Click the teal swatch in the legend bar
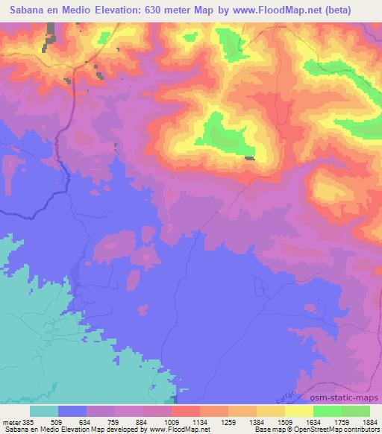(44, 411)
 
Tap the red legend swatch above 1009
(186, 411)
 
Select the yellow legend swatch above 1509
(271, 411)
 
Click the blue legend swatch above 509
(72, 411)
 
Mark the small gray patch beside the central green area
(250, 157)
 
